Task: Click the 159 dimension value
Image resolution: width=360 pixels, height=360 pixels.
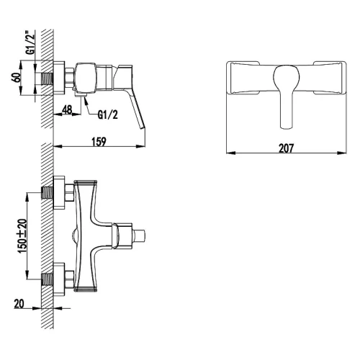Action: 99,142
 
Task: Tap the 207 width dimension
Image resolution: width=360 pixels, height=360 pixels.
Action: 286,148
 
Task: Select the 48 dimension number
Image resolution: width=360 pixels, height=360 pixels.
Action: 67,110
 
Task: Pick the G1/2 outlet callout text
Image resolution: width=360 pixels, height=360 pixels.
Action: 108,115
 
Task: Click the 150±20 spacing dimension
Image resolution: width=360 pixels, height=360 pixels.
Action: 22,235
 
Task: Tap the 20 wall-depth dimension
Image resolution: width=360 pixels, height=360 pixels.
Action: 19,304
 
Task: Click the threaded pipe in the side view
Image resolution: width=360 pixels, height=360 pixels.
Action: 48,78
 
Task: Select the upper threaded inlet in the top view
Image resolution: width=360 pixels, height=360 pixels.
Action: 48,192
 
